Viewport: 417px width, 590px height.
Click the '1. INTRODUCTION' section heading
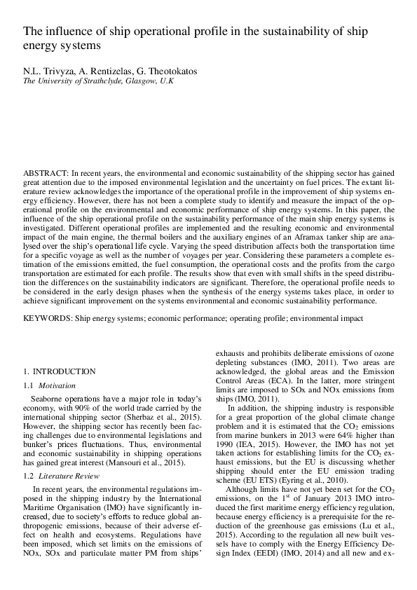60,371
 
